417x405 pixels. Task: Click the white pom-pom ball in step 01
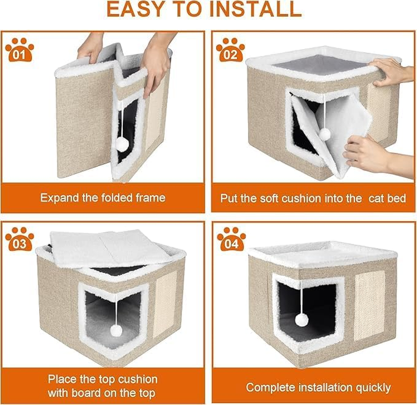(x=121, y=145)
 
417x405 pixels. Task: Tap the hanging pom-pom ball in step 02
(x=324, y=134)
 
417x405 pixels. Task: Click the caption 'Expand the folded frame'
(x=103, y=198)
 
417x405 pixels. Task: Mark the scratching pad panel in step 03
(x=165, y=304)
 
